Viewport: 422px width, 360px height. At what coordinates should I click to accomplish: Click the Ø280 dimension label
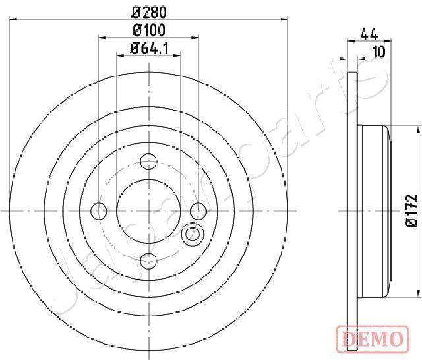coord(149,13)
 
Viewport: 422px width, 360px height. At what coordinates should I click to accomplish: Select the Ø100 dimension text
coord(149,30)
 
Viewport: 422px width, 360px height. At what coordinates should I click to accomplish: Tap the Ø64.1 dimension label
coord(150,49)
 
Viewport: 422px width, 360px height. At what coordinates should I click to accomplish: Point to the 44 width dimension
coord(369,34)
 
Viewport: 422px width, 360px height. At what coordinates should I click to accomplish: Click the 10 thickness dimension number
coord(379,51)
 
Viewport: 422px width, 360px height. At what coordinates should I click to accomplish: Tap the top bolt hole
coord(148,162)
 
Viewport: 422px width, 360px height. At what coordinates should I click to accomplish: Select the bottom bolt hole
coord(148,260)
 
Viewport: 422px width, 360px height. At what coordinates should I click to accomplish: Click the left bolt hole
coord(99,211)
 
